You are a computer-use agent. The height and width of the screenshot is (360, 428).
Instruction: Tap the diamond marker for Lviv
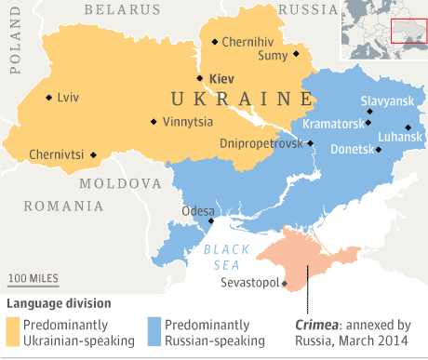[48, 97]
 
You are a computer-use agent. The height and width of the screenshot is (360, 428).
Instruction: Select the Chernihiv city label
[248, 42]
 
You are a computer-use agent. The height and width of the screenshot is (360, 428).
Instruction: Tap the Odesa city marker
[211, 221]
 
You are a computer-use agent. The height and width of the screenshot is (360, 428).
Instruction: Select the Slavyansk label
[386, 101]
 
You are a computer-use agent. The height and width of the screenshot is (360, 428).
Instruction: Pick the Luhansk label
[401, 136]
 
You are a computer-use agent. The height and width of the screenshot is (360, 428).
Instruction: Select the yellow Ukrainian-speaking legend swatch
[12, 331]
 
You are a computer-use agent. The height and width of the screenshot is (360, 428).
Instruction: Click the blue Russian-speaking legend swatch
[154, 331]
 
